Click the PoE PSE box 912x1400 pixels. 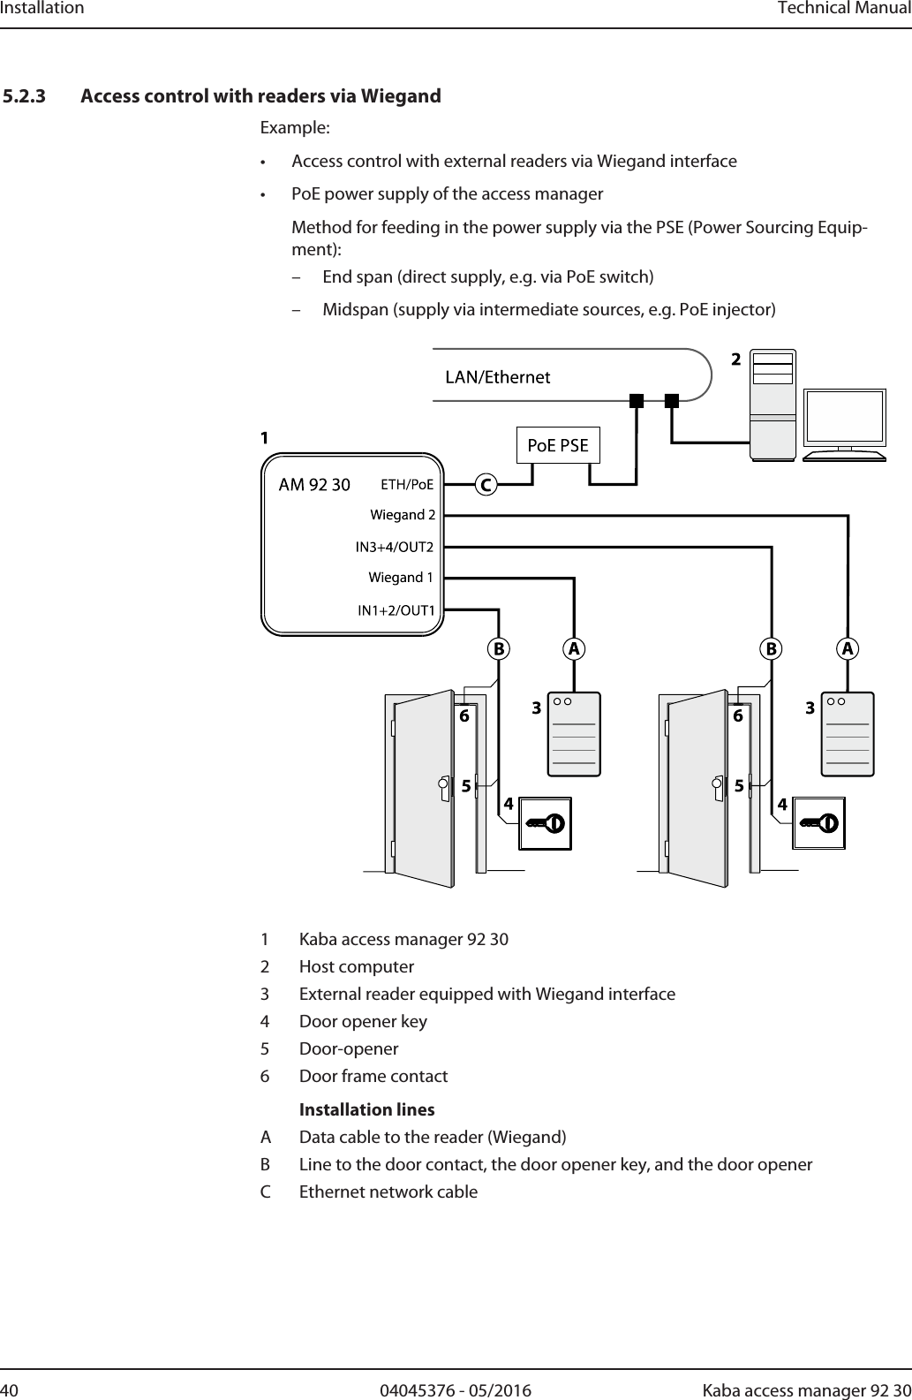tap(557, 445)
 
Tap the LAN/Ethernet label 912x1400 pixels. tap(497, 377)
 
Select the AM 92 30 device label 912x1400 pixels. tap(314, 484)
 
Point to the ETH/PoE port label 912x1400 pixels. tap(407, 484)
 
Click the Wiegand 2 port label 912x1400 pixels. tap(403, 514)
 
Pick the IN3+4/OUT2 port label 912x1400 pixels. tap(395, 547)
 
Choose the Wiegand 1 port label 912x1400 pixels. tap(401, 578)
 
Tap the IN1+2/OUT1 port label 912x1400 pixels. tap(396, 610)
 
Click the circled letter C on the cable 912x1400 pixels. tap(485, 485)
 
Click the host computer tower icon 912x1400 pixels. tap(772, 405)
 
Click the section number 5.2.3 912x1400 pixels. tap(26, 95)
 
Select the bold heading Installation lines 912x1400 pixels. tap(366, 1109)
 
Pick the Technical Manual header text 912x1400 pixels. tap(843, 9)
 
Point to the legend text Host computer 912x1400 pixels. tap(357, 966)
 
